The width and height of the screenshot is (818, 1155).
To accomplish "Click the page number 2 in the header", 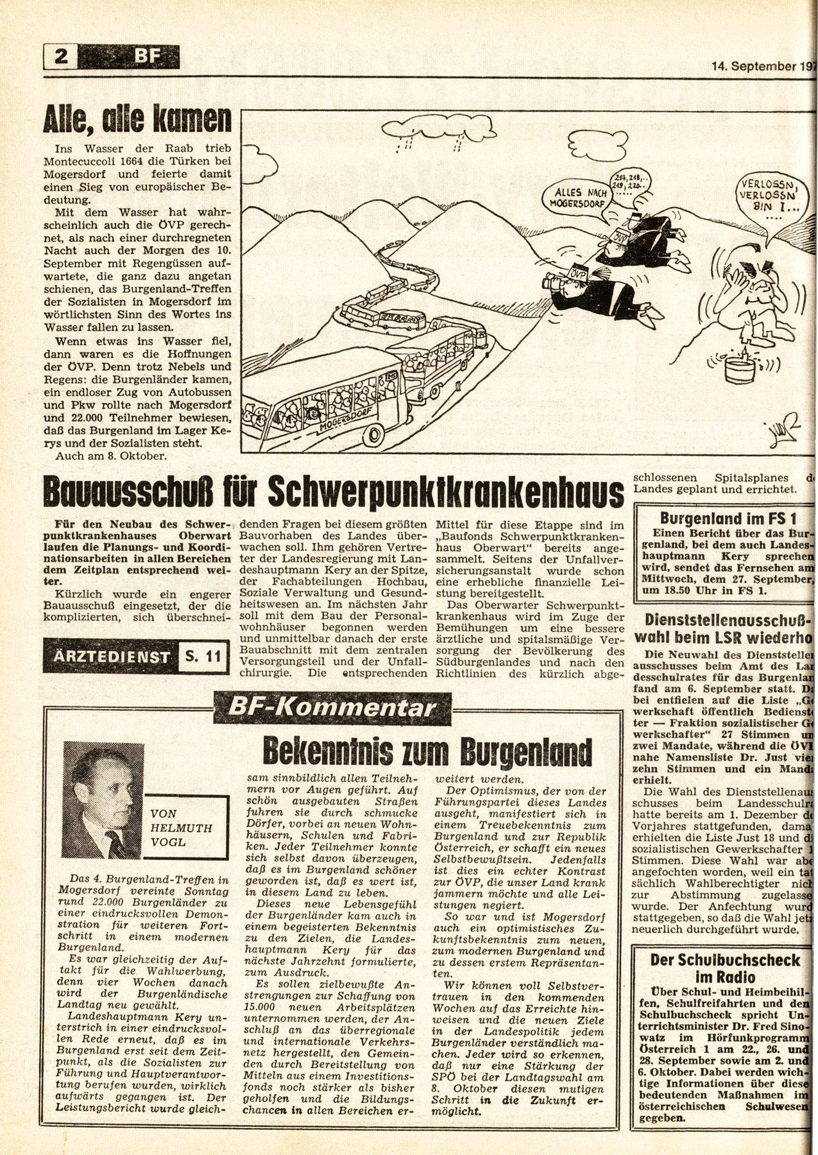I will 61,59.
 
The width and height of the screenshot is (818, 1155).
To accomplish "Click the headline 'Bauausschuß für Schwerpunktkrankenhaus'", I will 334,493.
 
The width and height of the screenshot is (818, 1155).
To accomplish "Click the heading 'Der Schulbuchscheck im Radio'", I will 725,968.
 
